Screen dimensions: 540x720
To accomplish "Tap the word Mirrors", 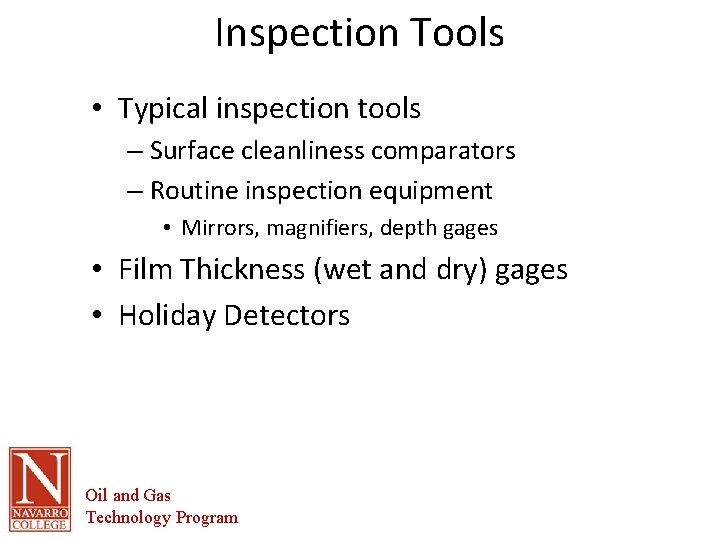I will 220,228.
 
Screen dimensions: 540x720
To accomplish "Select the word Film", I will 144,270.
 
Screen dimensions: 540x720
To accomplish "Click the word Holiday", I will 167,316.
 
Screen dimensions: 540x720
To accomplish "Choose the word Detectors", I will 287,316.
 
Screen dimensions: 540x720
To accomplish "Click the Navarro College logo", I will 40,489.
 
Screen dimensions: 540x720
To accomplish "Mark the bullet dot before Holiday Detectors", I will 103,317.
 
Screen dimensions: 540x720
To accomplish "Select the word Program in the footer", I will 207,518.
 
